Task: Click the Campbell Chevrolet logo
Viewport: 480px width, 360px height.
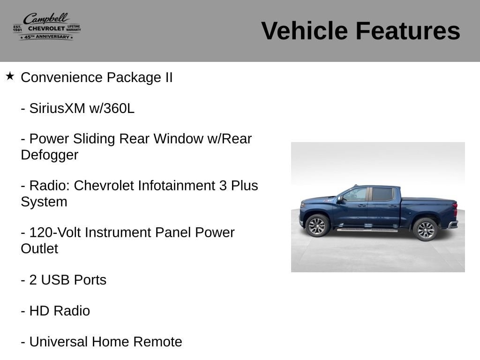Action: (x=47, y=26)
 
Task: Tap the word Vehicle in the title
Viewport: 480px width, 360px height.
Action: (x=305, y=30)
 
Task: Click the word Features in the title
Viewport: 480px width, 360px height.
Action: (x=408, y=30)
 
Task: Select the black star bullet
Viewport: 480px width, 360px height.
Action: (x=10, y=76)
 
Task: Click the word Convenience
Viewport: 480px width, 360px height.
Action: (x=61, y=77)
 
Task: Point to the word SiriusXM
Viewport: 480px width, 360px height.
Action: (x=57, y=108)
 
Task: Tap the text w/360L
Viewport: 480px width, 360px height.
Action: (x=112, y=108)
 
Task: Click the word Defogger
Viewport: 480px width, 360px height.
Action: (x=50, y=155)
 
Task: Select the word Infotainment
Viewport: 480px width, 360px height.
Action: (x=176, y=186)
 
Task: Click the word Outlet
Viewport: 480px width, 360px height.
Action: (x=39, y=248)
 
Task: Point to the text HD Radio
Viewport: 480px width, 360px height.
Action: (x=60, y=311)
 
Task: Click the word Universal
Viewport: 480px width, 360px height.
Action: (x=59, y=342)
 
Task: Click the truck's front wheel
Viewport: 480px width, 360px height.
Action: (x=317, y=225)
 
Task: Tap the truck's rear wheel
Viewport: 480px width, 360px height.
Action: (x=425, y=230)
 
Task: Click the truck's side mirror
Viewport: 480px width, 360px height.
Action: (x=339, y=199)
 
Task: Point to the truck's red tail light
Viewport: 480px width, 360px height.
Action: (x=455, y=210)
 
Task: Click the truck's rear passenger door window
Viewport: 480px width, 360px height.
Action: (x=382, y=195)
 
